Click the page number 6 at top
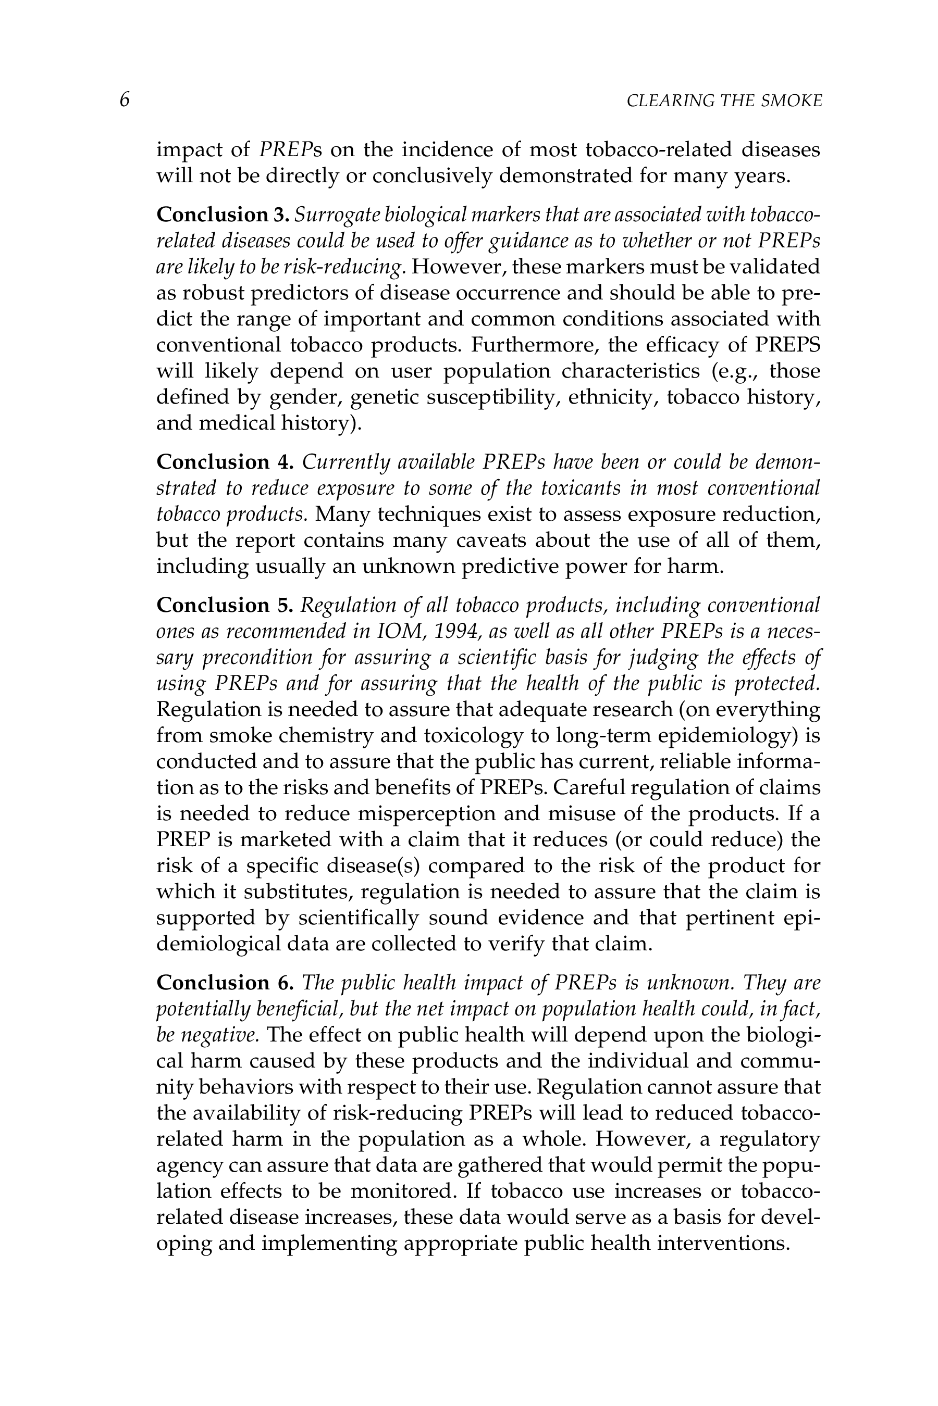tap(125, 100)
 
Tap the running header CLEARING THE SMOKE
tap(724, 101)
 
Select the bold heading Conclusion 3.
tap(223, 215)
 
